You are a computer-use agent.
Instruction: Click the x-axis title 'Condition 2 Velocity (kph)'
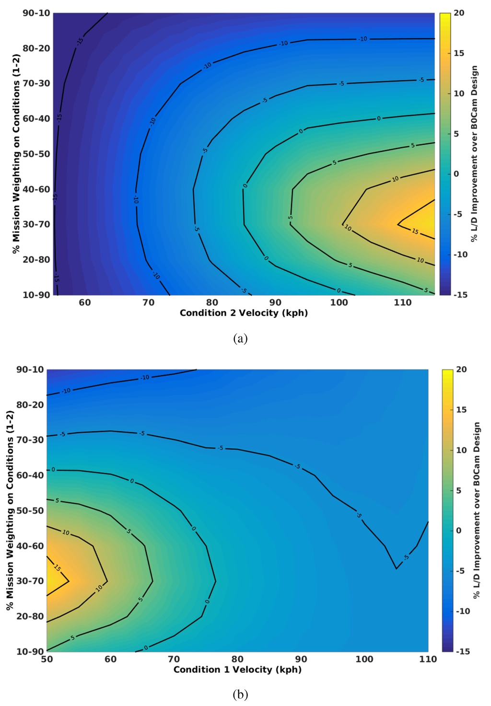(x=244, y=313)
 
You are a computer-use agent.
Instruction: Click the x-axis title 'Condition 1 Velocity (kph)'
(x=237, y=670)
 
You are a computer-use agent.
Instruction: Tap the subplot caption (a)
(x=240, y=339)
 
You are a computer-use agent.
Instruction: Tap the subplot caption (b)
(x=240, y=694)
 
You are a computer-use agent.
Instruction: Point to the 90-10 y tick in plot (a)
(x=36, y=13)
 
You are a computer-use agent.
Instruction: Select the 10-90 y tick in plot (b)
(x=30, y=651)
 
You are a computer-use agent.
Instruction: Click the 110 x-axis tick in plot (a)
(x=403, y=302)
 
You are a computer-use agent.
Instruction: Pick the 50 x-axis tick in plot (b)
(x=47, y=659)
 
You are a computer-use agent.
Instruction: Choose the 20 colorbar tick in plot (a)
(x=459, y=13)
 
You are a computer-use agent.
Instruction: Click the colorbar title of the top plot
(x=474, y=153)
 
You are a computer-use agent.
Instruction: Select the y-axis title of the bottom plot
(x=10, y=510)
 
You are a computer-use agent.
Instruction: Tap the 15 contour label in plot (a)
(x=415, y=231)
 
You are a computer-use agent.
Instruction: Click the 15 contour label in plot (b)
(x=57, y=568)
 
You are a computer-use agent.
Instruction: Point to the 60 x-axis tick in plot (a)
(x=85, y=302)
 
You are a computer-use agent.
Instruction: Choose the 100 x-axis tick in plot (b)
(x=364, y=659)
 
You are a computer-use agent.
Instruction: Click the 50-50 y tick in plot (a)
(x=36, y=154)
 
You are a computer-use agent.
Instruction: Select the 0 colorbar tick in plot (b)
(x=459, y=531)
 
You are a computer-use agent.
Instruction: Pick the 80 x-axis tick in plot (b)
(x=237, y=659)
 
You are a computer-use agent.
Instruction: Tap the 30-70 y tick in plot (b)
(x=30, y=581)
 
